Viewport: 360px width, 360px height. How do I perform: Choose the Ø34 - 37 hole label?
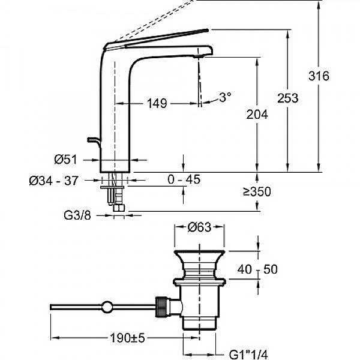53,180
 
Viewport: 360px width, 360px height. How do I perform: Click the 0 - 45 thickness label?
184,180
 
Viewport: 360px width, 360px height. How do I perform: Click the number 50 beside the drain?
271,269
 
